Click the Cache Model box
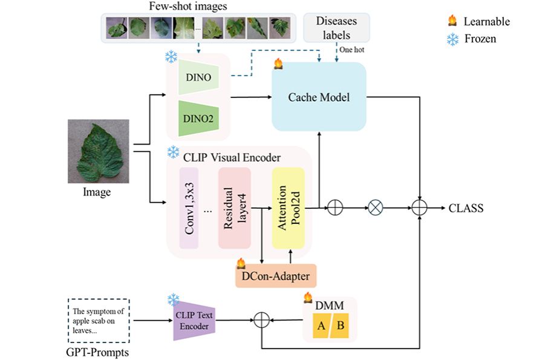coord(319,96)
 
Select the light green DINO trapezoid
coord(199,79)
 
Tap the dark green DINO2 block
coord(199,117)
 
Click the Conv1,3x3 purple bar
coord(189,208)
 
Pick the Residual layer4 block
coord(233,208)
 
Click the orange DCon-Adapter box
coord(276,276)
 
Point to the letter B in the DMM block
coord(340,327)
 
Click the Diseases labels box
coord(336,28)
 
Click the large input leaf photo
coord(98,151)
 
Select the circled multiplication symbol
coord(376,208)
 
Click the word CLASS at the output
coord(466,208)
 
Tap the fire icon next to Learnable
coord(452,21)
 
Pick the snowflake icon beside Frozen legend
coord(452,39)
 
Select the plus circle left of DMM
coord(261,319)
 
